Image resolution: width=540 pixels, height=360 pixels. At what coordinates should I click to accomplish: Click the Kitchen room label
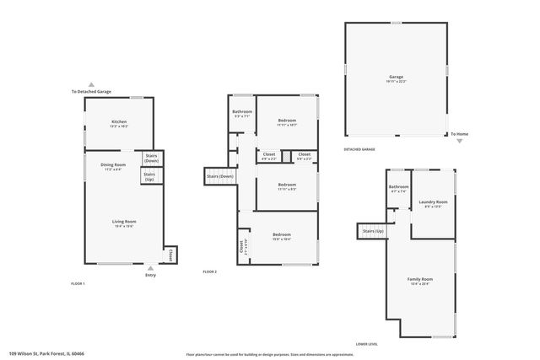point(119,123)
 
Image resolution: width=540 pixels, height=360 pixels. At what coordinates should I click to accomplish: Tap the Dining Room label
point(114,166)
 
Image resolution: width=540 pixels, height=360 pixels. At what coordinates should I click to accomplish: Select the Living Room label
point(124,223)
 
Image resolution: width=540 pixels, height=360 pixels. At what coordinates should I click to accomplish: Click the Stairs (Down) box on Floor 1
point(152,158)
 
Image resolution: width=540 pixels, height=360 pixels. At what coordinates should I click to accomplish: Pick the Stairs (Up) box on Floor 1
point(149,176)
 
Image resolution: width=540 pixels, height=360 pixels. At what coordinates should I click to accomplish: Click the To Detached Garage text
point(92,91)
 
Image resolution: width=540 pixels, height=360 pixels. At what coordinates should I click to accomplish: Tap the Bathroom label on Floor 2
point(242,113)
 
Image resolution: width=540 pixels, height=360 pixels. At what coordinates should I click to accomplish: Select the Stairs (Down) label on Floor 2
point(219,176)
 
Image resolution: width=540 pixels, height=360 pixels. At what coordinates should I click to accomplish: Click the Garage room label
point(396,78)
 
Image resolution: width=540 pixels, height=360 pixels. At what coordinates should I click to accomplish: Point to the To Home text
point(458,134)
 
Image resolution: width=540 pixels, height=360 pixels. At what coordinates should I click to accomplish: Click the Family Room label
point(420,280)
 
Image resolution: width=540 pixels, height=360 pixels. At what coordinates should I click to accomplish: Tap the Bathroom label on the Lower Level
point(398,188)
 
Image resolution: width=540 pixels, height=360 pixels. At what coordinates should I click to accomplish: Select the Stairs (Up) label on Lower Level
point(373,230)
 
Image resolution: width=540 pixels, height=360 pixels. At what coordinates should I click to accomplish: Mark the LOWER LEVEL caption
point(366,343)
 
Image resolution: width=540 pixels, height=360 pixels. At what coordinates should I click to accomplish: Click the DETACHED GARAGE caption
point(359,149)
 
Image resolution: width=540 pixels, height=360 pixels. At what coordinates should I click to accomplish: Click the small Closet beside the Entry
point(171,253)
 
